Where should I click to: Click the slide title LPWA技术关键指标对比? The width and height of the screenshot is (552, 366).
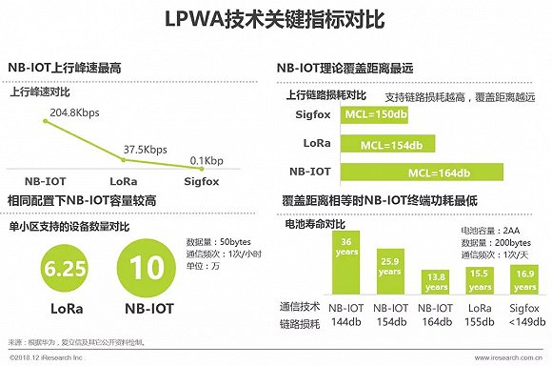pyautogui.click(x=276, y=18)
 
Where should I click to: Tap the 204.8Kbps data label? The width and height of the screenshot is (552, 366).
pyautogui.click(x=74, y=111)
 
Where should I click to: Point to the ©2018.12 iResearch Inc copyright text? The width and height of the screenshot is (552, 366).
pyautogui.click(x=47, y=358)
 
